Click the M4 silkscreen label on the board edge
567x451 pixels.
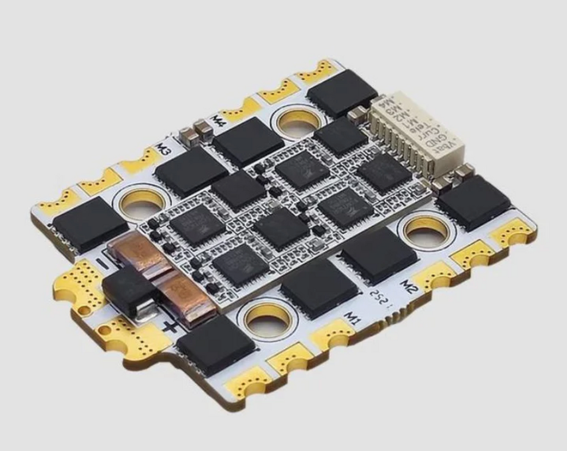coord(218,120)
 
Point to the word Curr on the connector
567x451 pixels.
coord(428,130)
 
